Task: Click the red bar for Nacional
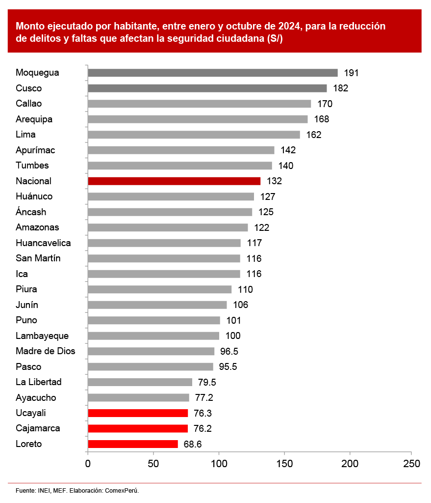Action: pos(174,181)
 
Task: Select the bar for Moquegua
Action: pos(213,73)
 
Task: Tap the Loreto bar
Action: pos(133,444)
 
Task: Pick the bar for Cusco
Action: pos(207,88)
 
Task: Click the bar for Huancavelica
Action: pos(164,243)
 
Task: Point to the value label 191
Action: pos(351,73)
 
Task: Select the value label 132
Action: pos(274,181)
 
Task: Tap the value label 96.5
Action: pos(228,351)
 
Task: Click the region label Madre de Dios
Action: pos(46,351)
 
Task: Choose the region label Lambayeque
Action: pos(42,336)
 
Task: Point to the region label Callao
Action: pos(29,104)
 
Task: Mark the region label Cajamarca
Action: pos(38,428)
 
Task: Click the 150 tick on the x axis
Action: pos(284,464)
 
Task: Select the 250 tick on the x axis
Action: pos(411,464)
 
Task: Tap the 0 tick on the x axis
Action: pos(88,464)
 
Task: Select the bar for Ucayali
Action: pos(138,413)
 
